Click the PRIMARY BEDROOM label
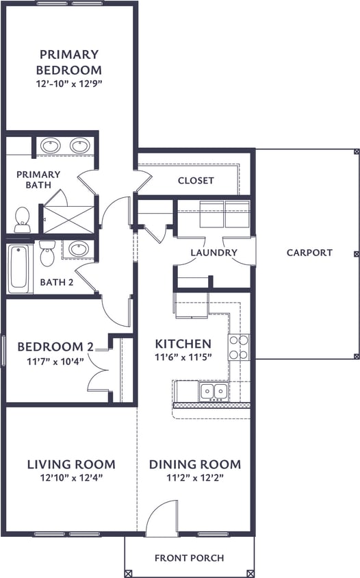[68, 62]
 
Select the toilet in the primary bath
[22, 218]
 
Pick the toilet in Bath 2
[47, 253]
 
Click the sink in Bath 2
[78, 248]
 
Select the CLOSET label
[196, 181]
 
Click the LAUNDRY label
[214, 253]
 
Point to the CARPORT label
[309, 252]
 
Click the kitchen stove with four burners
[239, 347]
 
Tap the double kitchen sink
[213, 391]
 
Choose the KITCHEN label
[183, 343]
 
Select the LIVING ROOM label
[71, 464]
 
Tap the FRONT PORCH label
[189, 557]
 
